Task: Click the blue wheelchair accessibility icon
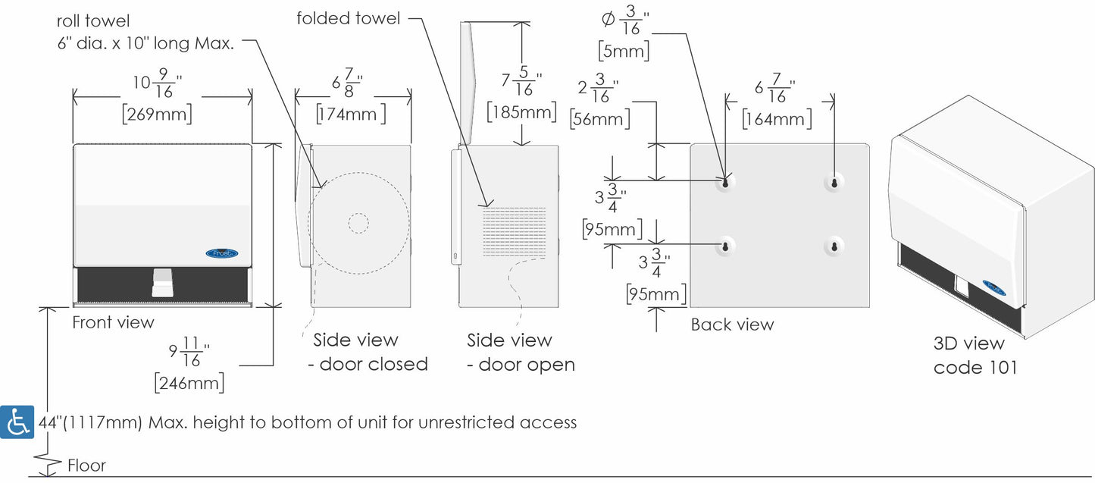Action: click(17, 422)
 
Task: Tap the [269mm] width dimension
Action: click(157, 115)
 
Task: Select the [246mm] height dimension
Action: click(189, 382)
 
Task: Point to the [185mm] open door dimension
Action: click(522, 113)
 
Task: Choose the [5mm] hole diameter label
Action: click(623, 51)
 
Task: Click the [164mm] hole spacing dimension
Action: click(777, 118)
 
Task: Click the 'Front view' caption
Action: click(113, 323)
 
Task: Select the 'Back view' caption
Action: click(732, 325)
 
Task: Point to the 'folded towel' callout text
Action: click(349, 18)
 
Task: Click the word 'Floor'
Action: click(86, 466)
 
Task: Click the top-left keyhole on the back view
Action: click(725, 183)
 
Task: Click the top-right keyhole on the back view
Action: click(834, 183)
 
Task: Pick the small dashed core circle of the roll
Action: click(358, 222)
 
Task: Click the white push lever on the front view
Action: click(161, 281)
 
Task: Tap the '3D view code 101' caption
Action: click(975, 356)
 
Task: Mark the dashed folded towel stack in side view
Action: click(515, 231)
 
